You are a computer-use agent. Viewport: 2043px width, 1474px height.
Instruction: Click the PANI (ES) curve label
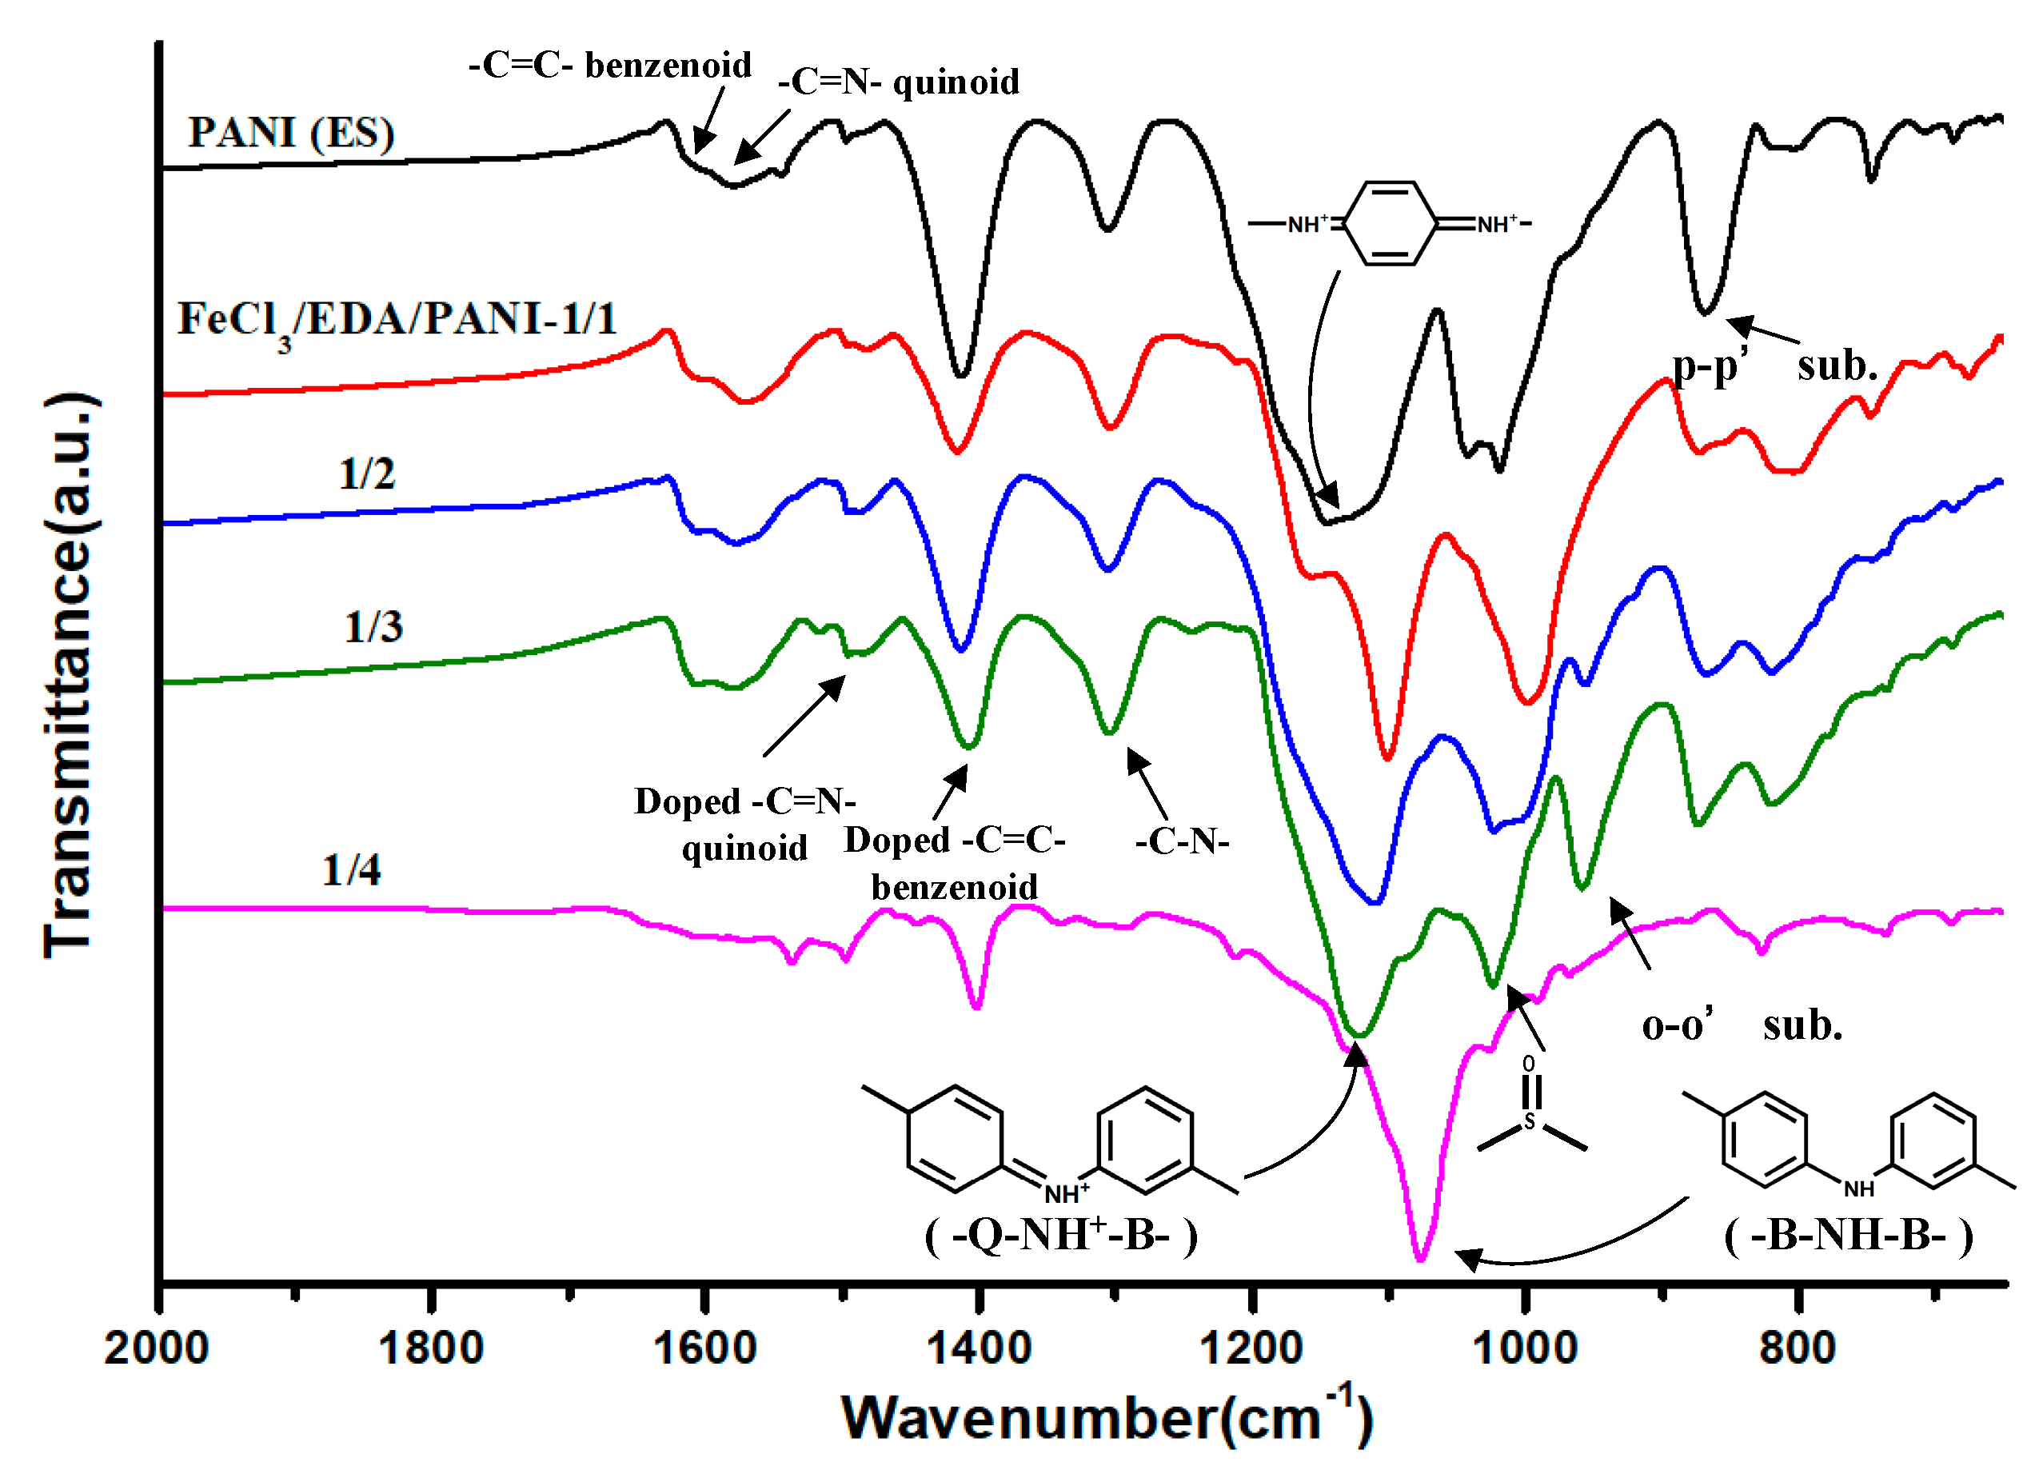tap(291, 134)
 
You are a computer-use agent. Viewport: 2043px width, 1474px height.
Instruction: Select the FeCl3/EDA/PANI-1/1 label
tap(397, 321)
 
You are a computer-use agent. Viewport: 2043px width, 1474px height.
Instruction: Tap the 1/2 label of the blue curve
tap(367, 474)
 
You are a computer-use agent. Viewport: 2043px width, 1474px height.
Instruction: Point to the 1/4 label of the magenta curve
tap(351, 870)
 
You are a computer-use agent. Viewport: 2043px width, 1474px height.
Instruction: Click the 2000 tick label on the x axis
tap(157, 1348)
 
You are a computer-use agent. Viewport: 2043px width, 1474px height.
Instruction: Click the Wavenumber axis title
tap(1107, 1418)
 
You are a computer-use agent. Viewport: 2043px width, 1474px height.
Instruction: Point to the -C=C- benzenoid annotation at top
tap(610, 66)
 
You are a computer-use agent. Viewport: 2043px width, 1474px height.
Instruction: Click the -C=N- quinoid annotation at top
tap(899, 83)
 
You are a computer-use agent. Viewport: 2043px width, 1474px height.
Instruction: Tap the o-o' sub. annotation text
tap(1742, 1025)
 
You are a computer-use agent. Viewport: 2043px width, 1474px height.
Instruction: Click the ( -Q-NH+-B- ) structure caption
tap(1061, 1235)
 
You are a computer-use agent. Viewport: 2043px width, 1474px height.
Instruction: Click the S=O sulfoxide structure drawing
tap(1530, 1111)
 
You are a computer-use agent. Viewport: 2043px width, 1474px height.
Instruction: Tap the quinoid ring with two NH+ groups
tap(1390, 223)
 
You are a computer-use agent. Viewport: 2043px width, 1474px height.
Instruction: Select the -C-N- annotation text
tap(1182, 842)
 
